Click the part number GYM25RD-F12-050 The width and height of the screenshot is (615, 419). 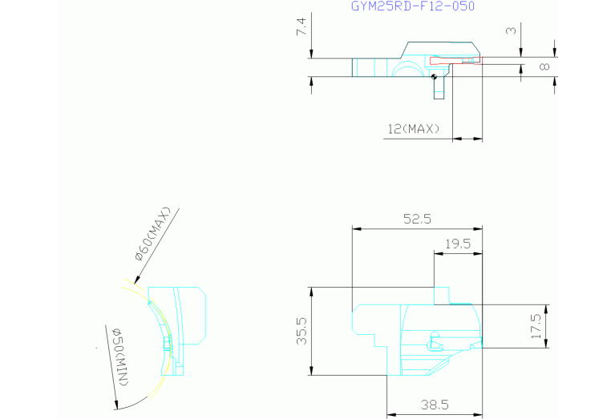click(413, 6)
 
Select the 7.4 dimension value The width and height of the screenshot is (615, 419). click(301, 27)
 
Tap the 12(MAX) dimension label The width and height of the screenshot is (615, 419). click(414, 129)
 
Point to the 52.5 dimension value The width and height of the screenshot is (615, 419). click(417, 219)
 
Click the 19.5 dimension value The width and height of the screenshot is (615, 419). click(458, 244)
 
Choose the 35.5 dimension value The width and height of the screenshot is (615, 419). click(301, 331)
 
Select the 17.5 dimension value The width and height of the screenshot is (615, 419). click(536, 326)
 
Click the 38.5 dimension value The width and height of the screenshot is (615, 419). click(435, 405)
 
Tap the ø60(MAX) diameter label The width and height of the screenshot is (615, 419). click(153, 234)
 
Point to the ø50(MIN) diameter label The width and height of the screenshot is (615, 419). click(121, 357)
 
